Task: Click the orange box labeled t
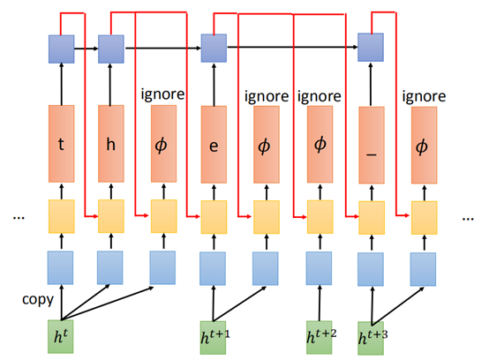point(60,139)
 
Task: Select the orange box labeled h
point(112,139)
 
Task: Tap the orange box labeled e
point(213,139)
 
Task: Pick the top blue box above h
point(112,48)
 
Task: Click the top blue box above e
point(213,48)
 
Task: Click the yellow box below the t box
point(60,214)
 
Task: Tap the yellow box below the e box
point(213,214)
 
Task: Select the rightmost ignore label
point(424,91)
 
